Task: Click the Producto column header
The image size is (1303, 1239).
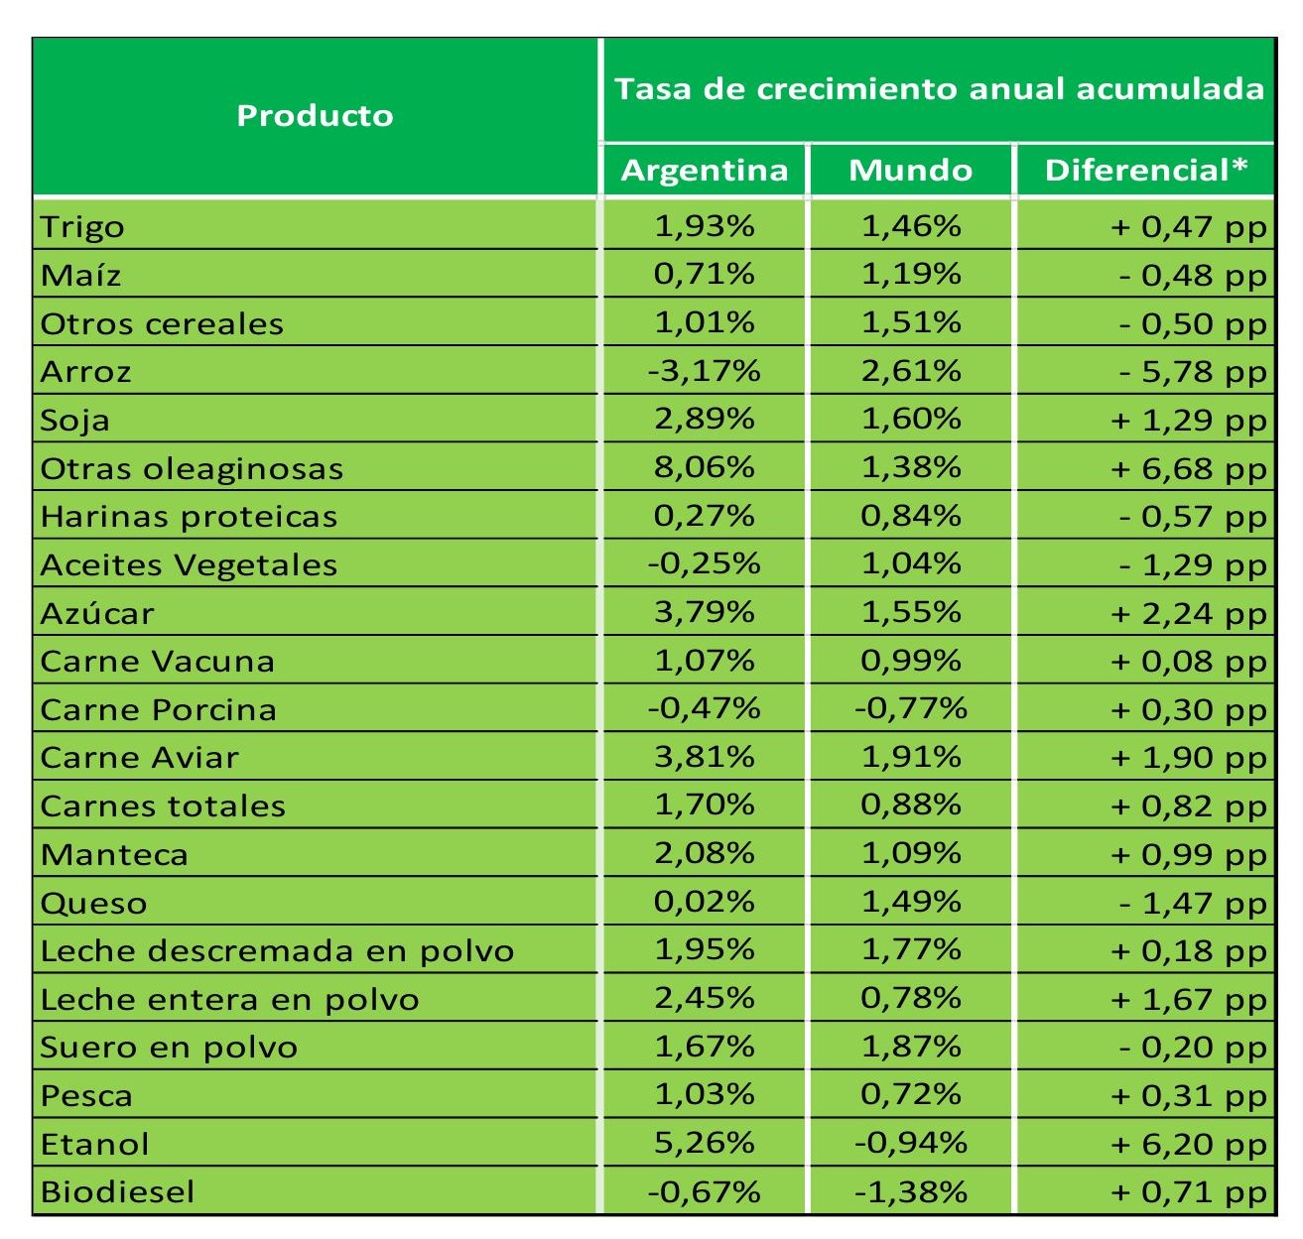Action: tap(315, 116)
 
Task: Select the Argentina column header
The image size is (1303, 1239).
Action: tap(705, 171)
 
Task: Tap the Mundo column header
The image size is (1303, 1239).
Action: tap(910, 171)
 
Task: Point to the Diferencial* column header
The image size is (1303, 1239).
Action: tap(1145, 171)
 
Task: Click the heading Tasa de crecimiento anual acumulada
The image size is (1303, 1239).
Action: tap(939, 89)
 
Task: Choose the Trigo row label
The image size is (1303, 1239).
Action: tap(82, 227)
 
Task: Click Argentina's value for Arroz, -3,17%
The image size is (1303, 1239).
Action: tap(705, 371)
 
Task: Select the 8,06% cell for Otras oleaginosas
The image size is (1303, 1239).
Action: tap(705, 467)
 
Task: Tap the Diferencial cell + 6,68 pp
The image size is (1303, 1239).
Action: tap(1188, 468)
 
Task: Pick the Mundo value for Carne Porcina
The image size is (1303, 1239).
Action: tap(910, 708)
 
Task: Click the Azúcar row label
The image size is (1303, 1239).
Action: tap(97, 613)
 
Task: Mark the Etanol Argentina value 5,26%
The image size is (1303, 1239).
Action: tap(705, 1143)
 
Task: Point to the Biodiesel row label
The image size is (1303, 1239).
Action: tap(117, 1191)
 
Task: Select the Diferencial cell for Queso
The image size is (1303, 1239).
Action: tap(1192, 903)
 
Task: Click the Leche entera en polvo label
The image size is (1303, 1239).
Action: tap(229, 999)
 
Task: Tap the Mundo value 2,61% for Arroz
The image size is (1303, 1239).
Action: tap(910, 371)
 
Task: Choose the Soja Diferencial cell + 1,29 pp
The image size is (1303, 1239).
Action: tap(1188, 420)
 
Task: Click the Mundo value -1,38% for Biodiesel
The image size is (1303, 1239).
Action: tap(910, 1191)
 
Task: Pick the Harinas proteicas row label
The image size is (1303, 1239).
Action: tap(189, 517)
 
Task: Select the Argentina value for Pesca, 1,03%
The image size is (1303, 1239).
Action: tap(705, 1094)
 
